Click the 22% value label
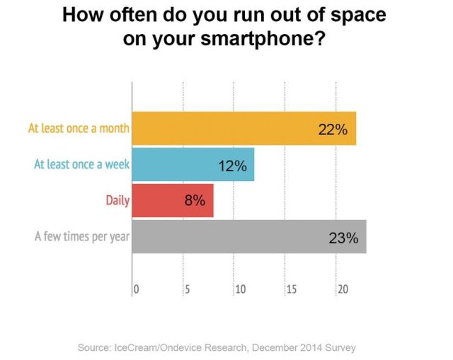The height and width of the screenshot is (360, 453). [x=332, y=130]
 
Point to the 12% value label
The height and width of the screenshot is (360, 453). [x=232, y=166]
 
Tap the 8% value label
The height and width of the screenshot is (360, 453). [x=194, y=200]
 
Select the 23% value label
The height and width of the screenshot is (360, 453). [x=343, y=238]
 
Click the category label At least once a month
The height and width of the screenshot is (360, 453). [x=79, y=129]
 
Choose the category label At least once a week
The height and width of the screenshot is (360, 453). [x=81, y=165]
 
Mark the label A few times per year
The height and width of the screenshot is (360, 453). [x=82, y=236]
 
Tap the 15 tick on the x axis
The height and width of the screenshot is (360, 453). [x=291, y=289]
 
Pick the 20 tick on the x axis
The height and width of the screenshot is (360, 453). [x=343, y=289]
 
